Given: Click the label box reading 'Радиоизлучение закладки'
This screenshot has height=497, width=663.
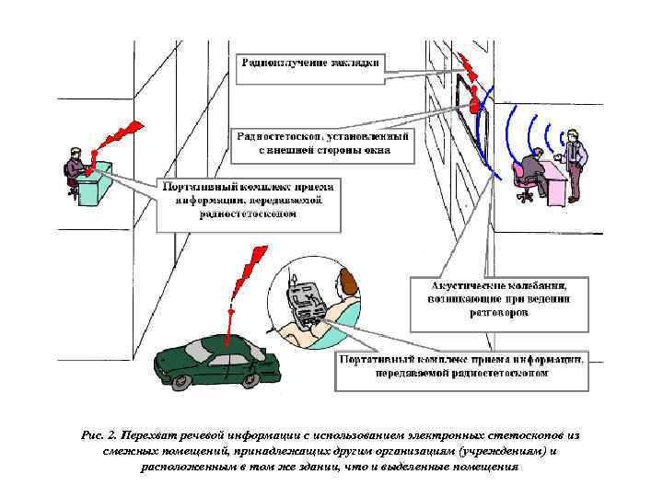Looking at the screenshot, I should coord(310,65).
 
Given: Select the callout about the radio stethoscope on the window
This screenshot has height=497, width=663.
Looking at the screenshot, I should coord(322,141).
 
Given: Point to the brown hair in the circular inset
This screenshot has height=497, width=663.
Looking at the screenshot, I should coord(348,280).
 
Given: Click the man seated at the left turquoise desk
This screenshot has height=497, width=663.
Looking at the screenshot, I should coord(74,170).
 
